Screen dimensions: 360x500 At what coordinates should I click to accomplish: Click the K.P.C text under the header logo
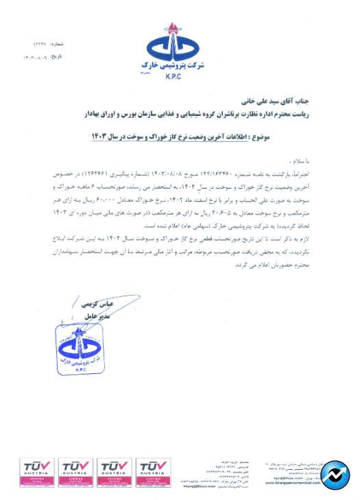click(x=172, y=77)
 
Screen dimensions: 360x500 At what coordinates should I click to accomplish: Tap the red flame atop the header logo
click(x=171, y=28)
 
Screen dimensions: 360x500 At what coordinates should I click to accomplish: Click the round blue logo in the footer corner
click(x=335, y=475)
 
